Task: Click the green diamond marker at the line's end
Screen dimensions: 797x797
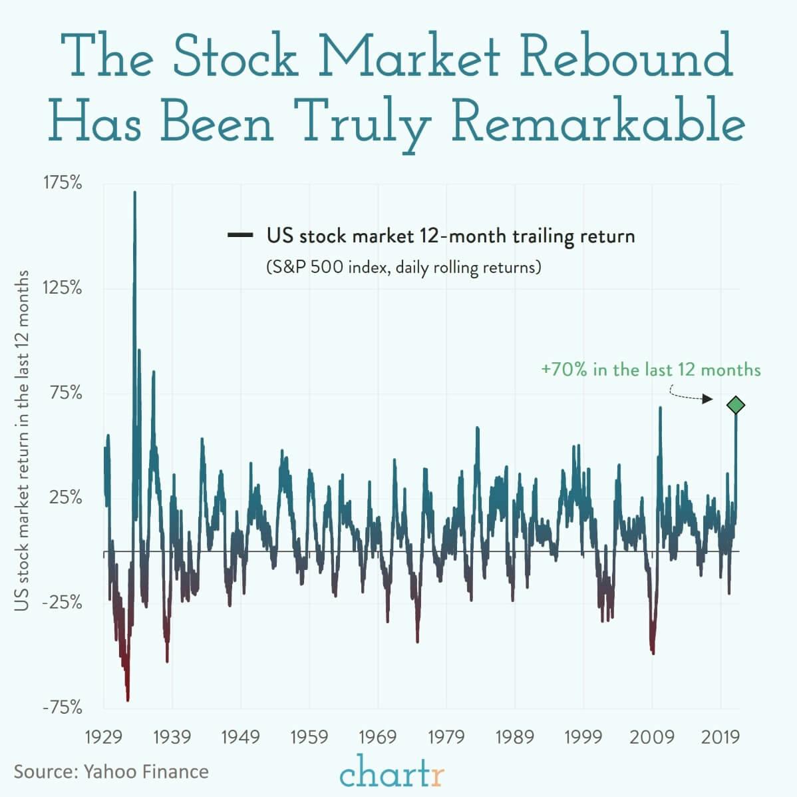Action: pyautogui.click(x=736, y=405)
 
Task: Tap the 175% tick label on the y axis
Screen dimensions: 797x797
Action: pyautogui.click(x=63, y=183)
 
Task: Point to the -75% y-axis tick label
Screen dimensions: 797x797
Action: pyautogui.click(x=63, y=707)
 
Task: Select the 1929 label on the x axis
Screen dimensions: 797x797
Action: pyautogui.click(x=104, y=737)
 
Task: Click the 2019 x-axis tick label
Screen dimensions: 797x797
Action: pyautogui.click(x=720, y=737)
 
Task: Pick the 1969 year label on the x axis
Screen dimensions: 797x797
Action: pyautogui.click(x=378, y=737)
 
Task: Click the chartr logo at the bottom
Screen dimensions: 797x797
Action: pyautogui.click(x=392, y=775)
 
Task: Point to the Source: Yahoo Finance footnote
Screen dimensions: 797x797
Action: pyautogui.click(x=111, y=772)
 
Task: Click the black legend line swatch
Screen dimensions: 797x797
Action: pyautogui.click(x=239, y=235)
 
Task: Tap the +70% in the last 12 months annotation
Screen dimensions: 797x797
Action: pyautogui.click(x=651, y=370)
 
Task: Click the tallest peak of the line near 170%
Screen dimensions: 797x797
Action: pyautogui.click(x=135, y=194)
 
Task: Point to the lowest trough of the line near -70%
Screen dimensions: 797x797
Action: pyautogui.click(x=128, y=699)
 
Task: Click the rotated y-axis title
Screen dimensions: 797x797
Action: pyautogui.click(x=23, y=440)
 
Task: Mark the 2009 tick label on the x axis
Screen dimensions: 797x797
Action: pyautogui.click(x=652, y=737)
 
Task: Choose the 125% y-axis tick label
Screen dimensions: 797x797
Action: pyautogui.click(x=63, y=288)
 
